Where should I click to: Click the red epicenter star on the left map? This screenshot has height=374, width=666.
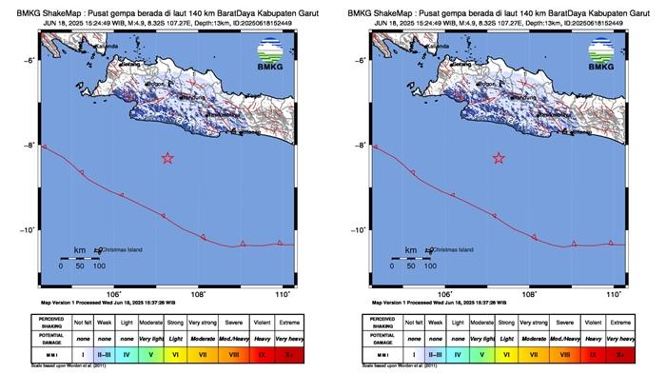pos(167,158)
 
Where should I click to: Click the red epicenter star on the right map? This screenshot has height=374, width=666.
pos(499,158)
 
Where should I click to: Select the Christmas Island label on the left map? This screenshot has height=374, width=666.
pos(121,250)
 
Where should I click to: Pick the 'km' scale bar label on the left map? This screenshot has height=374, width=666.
pos(80,250)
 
